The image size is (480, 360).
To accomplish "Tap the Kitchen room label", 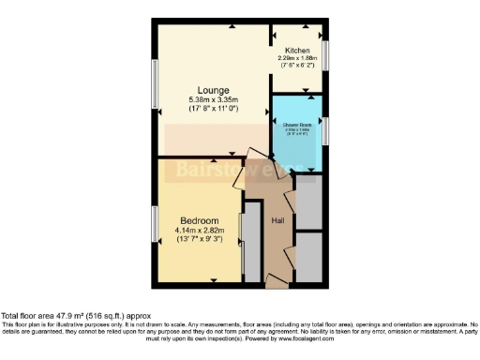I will pyautogui.click(x=298, y=51).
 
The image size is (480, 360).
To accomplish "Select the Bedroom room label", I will pyautogui.click(x=199, y=221).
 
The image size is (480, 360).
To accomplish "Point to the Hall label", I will pyautogui.click(x=277, y=220).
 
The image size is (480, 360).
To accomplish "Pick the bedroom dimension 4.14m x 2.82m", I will pyautogui.click(x=200, y=232).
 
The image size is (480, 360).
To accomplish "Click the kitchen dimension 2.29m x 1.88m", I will pyautogui.click(x=298, y=58).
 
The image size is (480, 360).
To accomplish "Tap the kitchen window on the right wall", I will pyautogui.click(x=325, y=52).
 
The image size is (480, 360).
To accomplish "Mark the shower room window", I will pyautogui.click(x=325, y=129).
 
